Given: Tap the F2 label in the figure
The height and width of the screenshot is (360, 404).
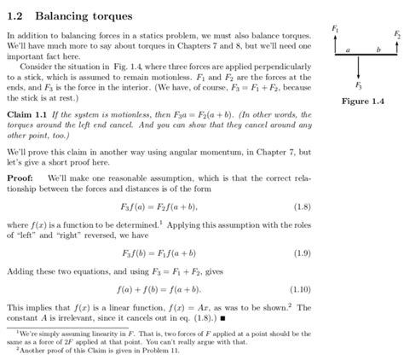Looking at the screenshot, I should tap(396, 34).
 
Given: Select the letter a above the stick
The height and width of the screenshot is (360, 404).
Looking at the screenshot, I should tap(347, 50).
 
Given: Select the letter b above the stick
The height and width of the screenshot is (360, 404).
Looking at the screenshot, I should tap(378, 50).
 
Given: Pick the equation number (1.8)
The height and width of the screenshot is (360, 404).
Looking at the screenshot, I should tap(302, 206).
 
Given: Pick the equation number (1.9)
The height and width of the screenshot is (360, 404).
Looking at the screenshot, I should tap(302, 253).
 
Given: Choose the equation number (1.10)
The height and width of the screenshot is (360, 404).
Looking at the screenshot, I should tap(300, 288).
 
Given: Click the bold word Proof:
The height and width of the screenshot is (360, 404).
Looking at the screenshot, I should tap(22, 177).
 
